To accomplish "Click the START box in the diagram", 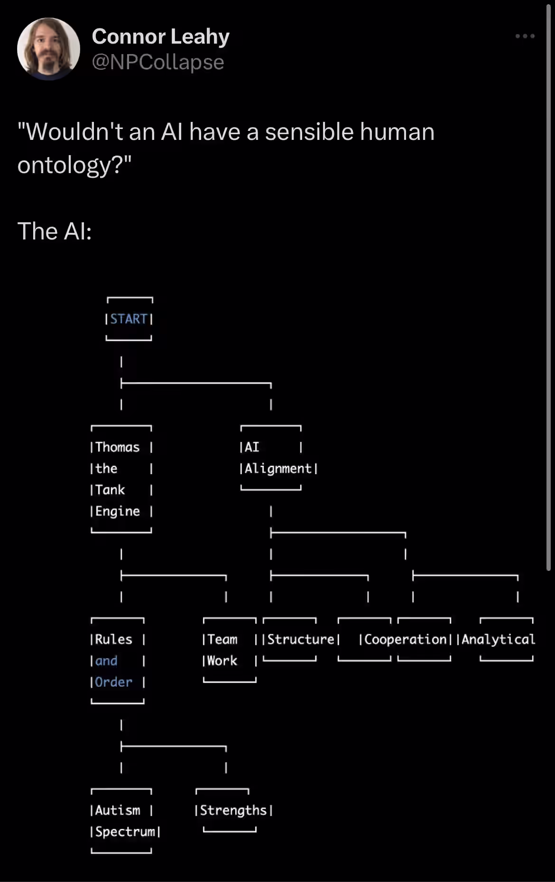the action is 129,319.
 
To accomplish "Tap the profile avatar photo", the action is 48,49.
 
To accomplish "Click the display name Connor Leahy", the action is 160,37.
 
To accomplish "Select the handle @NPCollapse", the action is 157,62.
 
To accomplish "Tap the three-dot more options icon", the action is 525,36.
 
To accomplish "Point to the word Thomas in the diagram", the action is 118,447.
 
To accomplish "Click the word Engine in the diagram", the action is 118,511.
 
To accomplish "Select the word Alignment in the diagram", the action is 278,469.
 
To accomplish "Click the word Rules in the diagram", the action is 114,639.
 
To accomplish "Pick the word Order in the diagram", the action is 114,682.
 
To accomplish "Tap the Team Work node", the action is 230,650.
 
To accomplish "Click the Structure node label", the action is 301,639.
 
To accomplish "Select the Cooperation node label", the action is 406,640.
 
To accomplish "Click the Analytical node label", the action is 499,640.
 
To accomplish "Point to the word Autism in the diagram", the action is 118,810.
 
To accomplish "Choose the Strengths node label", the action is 233,810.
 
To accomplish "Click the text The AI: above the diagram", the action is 55,231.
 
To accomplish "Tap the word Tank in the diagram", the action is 110,490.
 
